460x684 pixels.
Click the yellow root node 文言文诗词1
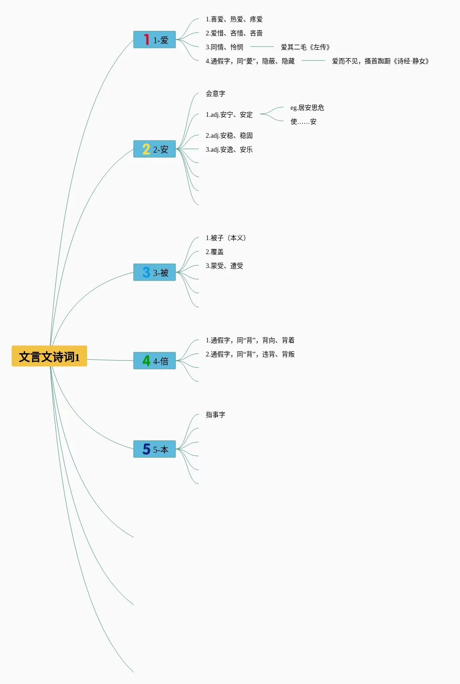[x=49, y=356]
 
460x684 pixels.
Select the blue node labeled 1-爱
[x=155, y=40]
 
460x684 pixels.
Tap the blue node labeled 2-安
[x=155, y=149]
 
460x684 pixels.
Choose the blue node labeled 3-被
[x=155, y=273]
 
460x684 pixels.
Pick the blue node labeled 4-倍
[x=155, y=361]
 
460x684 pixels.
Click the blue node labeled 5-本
[x=155, y=449]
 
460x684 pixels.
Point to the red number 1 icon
[x=146, y=40]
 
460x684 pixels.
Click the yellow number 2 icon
[x=146, y=149]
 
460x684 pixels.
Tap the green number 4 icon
[x=146, y=361]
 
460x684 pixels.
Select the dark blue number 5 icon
[x=146, y=449]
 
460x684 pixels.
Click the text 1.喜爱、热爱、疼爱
[x=234, y=19]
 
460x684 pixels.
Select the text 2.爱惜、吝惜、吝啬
[x=234, y=33]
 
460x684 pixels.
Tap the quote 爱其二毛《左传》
[x=305, y=47]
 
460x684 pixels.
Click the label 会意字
[x=216, y=94]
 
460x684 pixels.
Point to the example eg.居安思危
[x=307, y=107]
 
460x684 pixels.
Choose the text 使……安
[x=304, y=121]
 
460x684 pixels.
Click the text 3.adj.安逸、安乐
[x=229, y=149]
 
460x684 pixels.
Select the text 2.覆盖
[x=215, y=252]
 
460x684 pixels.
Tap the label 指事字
[x=216, y=415]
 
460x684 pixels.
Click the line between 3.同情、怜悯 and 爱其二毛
[x=262, y=47]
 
